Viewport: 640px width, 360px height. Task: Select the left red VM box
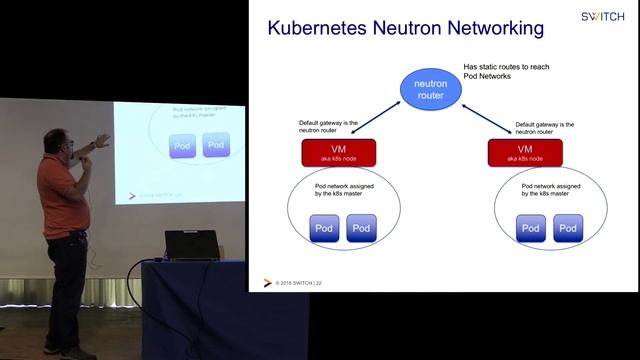(x=338, y=153)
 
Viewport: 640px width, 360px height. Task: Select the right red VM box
(x=524, y=153)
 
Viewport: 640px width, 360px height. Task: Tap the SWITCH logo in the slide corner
(x=603, y=16)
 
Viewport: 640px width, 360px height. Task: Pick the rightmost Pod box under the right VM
(x=568, y=228)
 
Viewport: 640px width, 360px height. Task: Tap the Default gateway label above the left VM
(x=329, y=127)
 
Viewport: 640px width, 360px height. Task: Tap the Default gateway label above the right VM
(x=546, y=127)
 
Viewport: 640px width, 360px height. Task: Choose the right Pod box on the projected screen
(x=216, y=145)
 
